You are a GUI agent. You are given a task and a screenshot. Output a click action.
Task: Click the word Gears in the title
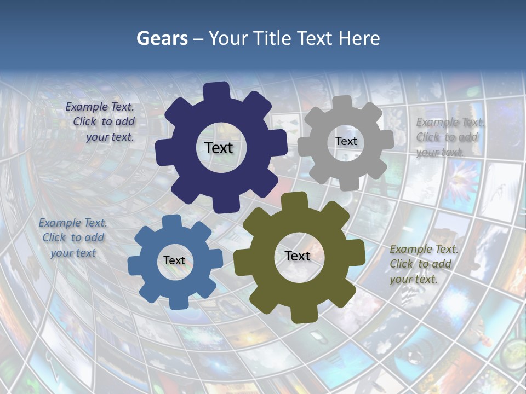162,38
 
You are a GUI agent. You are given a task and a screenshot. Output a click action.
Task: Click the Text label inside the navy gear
219,148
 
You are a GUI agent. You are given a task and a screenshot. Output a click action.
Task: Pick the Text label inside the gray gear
346,141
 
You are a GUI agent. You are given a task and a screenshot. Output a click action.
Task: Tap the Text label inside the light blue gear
174,260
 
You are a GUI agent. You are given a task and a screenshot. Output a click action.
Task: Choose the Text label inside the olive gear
298,256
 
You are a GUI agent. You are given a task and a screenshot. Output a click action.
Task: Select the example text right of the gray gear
449,137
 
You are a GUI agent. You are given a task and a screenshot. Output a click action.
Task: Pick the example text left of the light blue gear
73,237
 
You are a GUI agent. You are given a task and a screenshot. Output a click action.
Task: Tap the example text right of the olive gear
423,264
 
